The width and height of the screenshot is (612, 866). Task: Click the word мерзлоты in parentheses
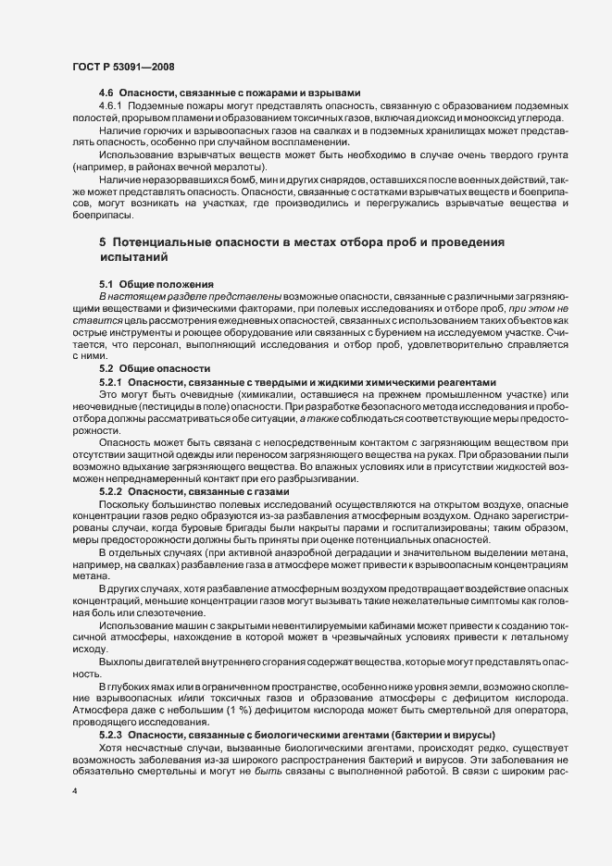(x=229, y=167)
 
